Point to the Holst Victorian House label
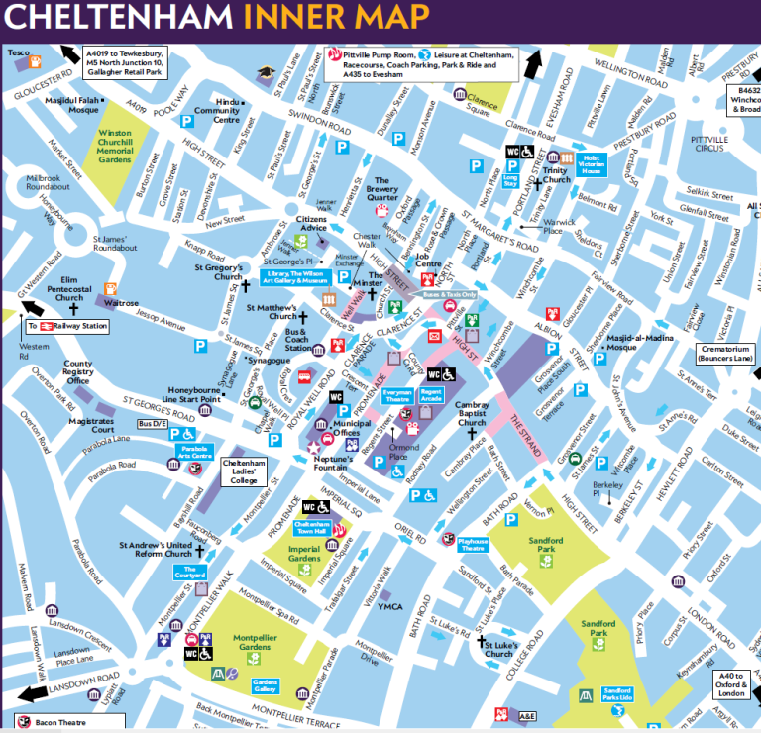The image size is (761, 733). point(592,164)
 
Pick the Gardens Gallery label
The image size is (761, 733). point(265,686)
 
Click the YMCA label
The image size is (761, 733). point(389,606)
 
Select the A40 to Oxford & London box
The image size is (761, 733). point(735,684)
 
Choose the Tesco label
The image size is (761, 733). point(20,51)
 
